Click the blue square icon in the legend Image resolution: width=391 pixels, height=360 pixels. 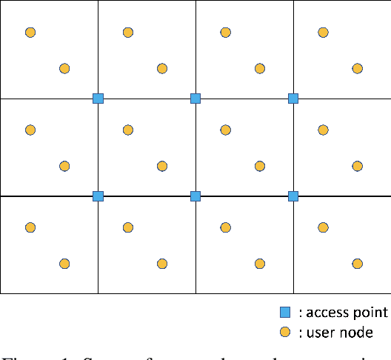(x=284, y=313)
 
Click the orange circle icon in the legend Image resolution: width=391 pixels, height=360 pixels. (x=284, y=333)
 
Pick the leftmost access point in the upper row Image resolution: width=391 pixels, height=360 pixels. (x=98, y=99)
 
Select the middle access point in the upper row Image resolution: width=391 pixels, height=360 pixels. (x=195, y=99)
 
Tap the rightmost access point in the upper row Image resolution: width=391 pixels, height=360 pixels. (x=293, y=99)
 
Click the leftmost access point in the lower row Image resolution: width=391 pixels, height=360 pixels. (x=98, y=196)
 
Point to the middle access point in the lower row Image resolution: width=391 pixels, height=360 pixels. (x=195, y=196)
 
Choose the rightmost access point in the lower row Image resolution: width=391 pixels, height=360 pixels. (x=293, y=196)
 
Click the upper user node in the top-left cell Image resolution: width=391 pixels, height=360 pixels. (x=30, y=33)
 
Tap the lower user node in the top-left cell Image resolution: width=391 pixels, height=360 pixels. (x=64, y=69)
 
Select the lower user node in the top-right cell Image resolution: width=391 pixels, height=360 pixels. (x=358, y=69)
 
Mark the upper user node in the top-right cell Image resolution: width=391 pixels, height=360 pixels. (x=324, y=33)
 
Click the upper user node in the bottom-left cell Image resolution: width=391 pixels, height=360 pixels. (x=30, y=227)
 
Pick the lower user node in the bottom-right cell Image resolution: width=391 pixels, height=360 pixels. (x=358, y=264)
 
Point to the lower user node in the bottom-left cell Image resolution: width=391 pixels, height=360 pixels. (x=64, y=264)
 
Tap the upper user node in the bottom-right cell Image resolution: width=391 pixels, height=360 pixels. (x=324, y=227)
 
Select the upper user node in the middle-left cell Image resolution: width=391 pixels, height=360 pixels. (x=30, y=130)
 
